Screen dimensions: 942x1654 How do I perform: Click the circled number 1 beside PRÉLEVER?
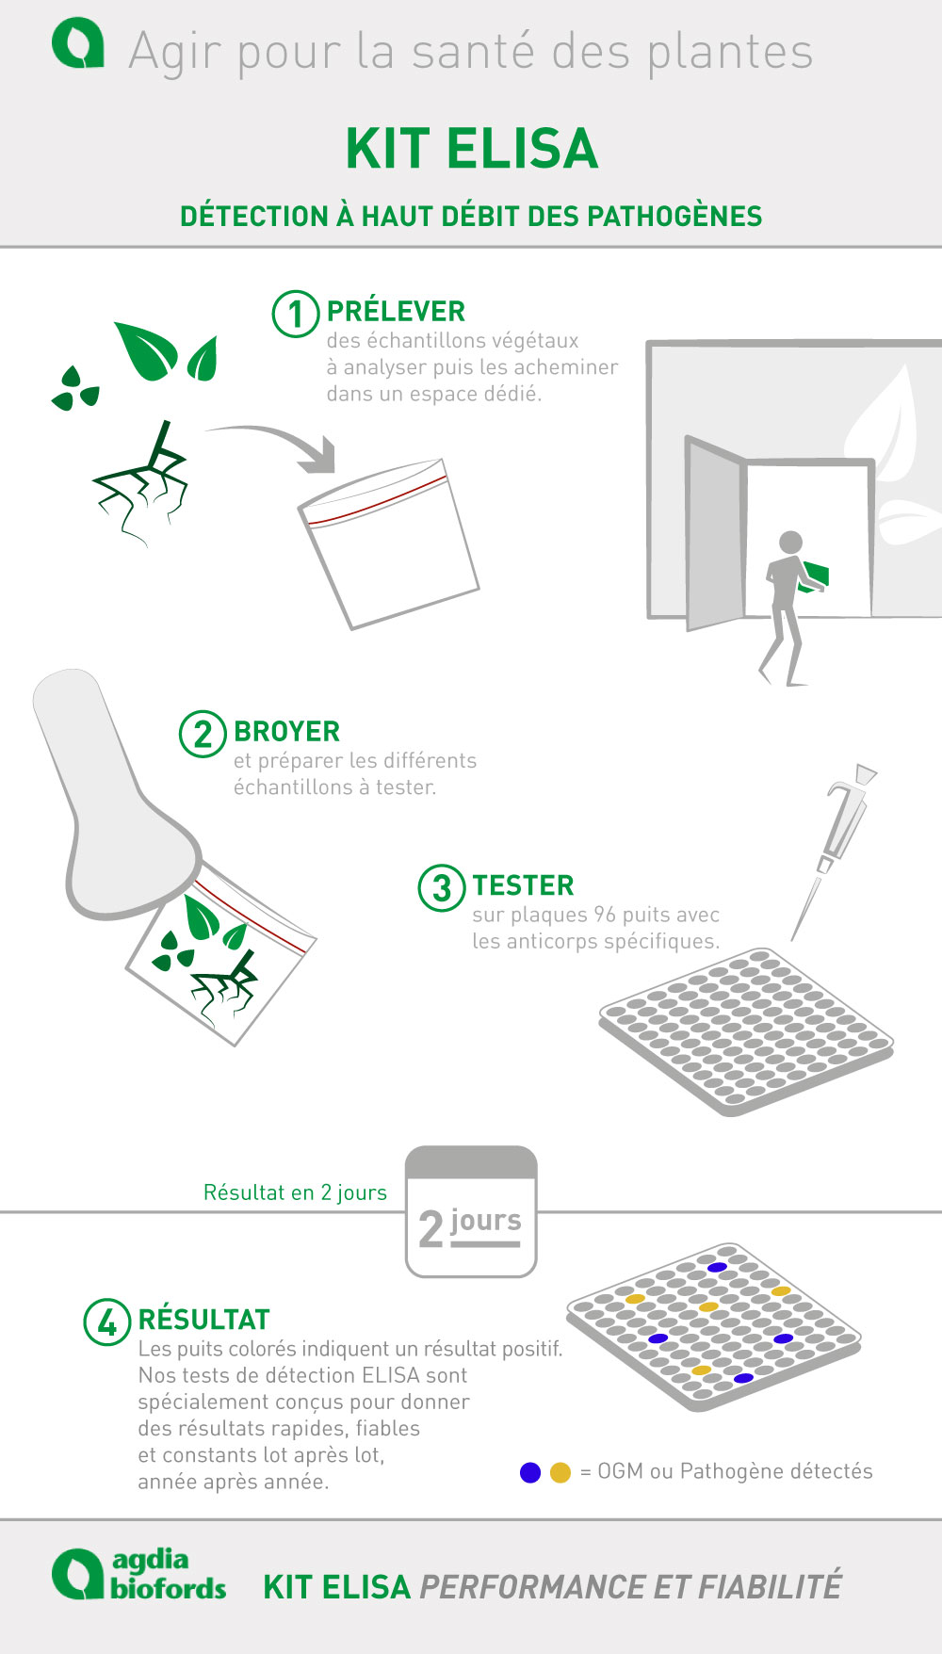[x=296, y=314]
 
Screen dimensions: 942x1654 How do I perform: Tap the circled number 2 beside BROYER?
[x=203, y=734]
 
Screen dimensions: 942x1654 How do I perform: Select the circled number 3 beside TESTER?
[x=442, y=888]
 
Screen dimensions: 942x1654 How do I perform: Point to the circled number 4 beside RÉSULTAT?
[x=107, y=1322]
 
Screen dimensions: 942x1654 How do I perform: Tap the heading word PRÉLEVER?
[x=396, y=311]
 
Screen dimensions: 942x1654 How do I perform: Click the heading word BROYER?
[x=286, y=732]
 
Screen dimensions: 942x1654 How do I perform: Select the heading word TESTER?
[x=523, y=886]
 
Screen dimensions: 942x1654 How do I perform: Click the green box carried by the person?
[x=815, y=576]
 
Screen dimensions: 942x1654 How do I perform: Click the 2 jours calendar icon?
[x=471, y=1211]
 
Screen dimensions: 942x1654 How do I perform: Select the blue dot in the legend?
[x=530, y=1472]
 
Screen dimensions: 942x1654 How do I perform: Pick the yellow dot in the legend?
[x=560, y=1472]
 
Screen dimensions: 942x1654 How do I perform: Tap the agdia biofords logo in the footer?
[x=139, y=1574]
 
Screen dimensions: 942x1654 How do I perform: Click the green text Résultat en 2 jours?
[x=295, y=1192]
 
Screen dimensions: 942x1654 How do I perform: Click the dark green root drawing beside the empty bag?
[x=141, y=483]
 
